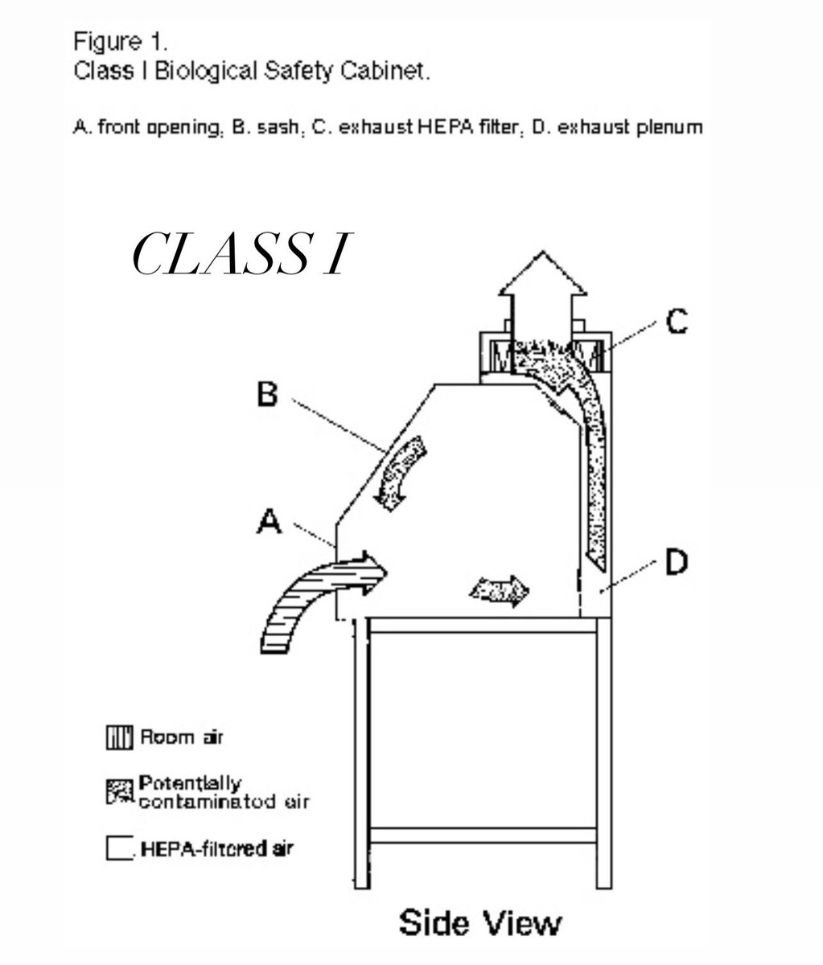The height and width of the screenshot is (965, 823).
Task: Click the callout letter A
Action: [270, 521]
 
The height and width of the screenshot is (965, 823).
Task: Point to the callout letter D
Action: [677, 561]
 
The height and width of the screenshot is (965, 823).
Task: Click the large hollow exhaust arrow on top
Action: [542, 299]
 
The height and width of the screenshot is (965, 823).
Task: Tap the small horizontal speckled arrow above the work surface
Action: [500, 591]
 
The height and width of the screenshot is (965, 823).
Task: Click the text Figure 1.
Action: [121, 43]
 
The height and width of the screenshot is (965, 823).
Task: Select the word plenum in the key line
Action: [670, 128]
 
